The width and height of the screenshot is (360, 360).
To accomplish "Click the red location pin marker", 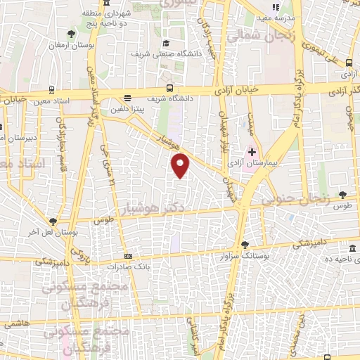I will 181,165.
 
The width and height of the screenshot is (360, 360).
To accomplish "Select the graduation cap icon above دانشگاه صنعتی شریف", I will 166,43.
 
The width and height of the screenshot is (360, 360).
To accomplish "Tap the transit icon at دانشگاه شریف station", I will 170,88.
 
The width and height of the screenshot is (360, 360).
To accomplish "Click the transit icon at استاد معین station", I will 52,90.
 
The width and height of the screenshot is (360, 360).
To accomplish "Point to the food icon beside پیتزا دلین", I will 127,98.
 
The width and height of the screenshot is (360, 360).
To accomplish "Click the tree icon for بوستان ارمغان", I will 70,34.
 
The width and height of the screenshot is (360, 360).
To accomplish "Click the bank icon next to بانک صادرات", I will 127,257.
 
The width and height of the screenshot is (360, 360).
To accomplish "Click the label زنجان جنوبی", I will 295,200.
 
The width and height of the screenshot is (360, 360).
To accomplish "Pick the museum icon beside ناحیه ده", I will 352,250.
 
